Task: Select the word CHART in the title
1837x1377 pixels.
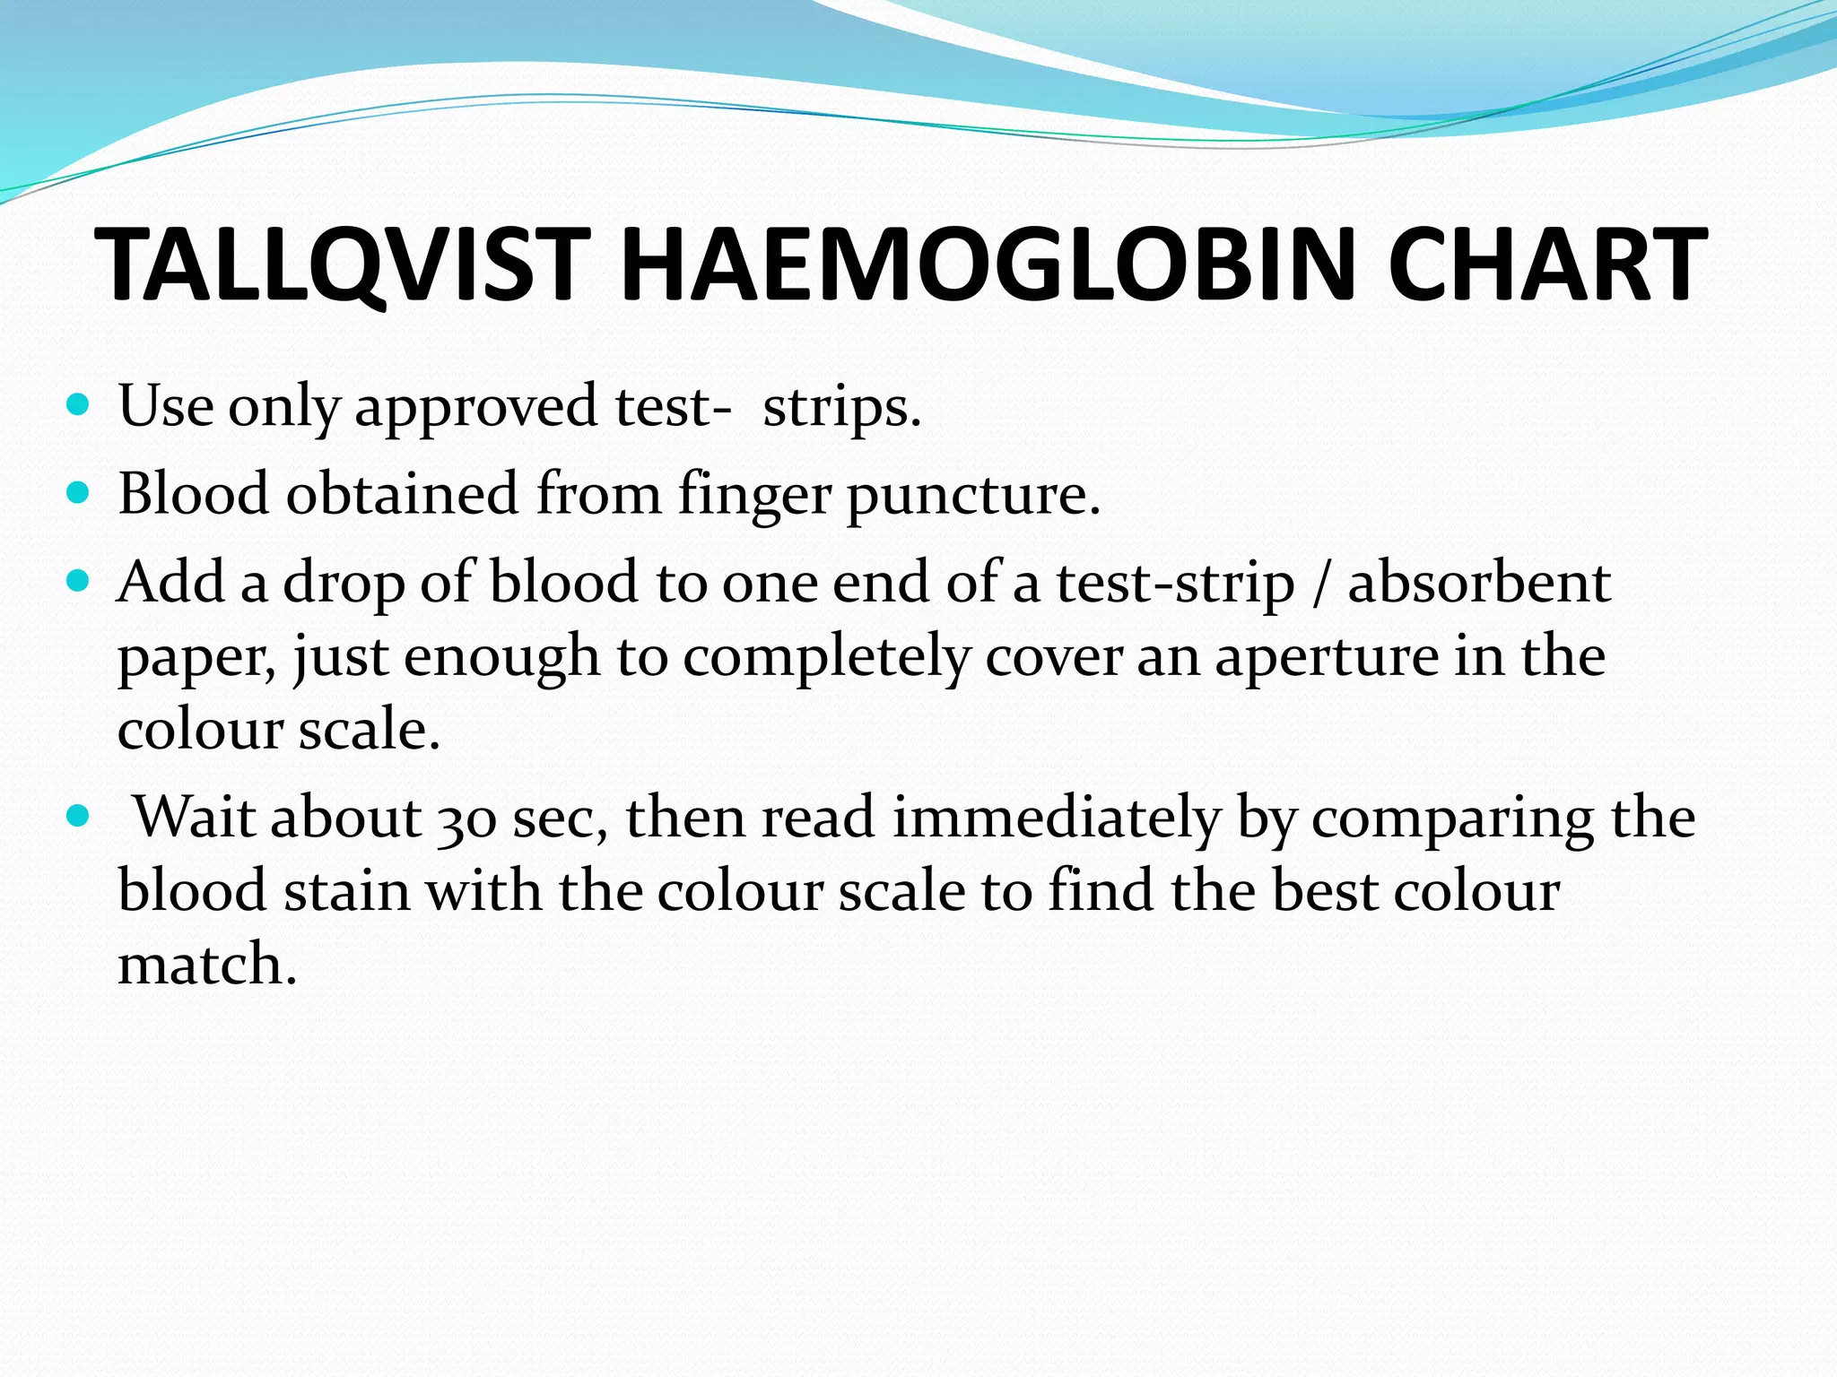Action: [x=1546, y=264]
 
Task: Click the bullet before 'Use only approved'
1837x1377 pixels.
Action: [x=79, y=405]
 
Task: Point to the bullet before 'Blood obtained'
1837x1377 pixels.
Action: [x=79, y=493]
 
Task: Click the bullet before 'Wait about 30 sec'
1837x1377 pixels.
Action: [x=79, y=817]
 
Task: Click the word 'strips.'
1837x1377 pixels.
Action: [x=841, y=408]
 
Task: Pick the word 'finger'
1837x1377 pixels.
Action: [x=753, y=496]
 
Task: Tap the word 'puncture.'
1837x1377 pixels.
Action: [x=972, y=496]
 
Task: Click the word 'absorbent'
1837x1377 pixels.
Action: [x=1479, y=583]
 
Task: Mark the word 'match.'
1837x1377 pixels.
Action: [x=206, y=965]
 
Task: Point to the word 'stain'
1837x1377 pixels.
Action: [x=346, y=891]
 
